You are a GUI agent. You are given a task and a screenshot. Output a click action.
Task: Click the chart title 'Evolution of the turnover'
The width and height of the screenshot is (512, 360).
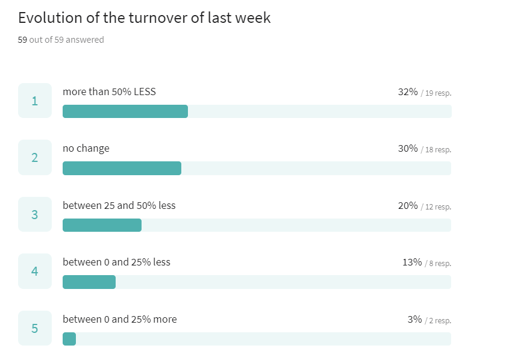[145, 18]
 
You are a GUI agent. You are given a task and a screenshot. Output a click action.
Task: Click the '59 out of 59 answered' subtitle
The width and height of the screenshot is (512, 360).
[61, 40]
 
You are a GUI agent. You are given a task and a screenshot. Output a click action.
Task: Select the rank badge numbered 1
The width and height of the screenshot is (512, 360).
[34, 101]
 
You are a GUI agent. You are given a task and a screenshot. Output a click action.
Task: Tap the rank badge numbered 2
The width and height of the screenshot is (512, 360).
[34, 158]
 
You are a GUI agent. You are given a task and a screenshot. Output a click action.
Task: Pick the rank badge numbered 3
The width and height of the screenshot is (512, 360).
[34, 214]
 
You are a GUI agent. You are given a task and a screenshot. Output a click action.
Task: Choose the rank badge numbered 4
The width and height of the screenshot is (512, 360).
[34, 272]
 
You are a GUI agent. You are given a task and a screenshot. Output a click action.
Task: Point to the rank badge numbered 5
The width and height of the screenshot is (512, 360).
[34, 328]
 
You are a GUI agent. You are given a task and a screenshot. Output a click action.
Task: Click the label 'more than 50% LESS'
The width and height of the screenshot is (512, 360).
[109, 92]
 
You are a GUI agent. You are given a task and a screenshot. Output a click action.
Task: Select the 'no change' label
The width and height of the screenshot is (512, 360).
[86, 148]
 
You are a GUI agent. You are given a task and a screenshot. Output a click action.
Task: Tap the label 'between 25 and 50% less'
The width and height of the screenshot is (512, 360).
[119, 205]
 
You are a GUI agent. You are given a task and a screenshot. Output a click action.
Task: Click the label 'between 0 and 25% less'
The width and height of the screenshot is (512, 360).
[116, 262]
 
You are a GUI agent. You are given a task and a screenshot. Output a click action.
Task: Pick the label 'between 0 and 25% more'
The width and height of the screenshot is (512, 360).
[120, 319]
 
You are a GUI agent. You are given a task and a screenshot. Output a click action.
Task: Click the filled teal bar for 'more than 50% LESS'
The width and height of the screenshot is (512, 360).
[125, 111]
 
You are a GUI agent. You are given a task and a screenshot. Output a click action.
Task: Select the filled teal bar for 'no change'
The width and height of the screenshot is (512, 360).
[122, 169]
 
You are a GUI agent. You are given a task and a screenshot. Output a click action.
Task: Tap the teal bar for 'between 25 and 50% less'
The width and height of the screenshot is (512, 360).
[102, 225]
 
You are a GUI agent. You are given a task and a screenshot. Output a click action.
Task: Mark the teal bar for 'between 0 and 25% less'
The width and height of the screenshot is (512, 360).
[89, 282]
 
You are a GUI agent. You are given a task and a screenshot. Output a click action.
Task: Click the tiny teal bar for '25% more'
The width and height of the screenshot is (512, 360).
[69, 339]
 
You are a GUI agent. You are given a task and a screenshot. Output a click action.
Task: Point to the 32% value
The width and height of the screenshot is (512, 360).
[408, 92]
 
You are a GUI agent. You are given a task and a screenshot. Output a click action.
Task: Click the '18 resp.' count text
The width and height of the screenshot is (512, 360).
[438, 149]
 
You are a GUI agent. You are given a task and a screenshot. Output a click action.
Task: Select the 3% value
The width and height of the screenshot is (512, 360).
[414, 319]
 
